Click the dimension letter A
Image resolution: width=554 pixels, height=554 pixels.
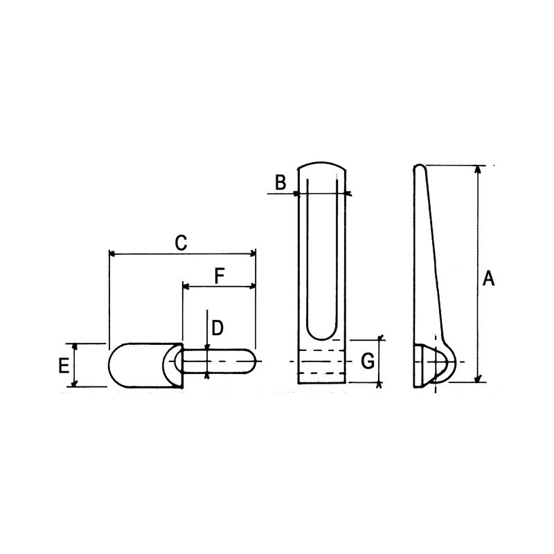click(489, 278)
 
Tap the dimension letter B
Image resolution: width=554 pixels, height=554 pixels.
click(280, 183)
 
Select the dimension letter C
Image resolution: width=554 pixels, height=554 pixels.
click(181, 243)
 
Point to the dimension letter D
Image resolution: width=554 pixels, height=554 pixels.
click(217, 328)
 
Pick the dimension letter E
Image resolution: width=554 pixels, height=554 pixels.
click(64, 366)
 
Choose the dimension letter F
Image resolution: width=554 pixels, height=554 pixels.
click(220, 276)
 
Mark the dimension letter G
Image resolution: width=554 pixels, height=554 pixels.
click(368, 361)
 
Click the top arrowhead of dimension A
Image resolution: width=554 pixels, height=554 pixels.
click(478, 169)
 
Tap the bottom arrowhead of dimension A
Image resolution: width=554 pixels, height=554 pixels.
click(478, 378)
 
